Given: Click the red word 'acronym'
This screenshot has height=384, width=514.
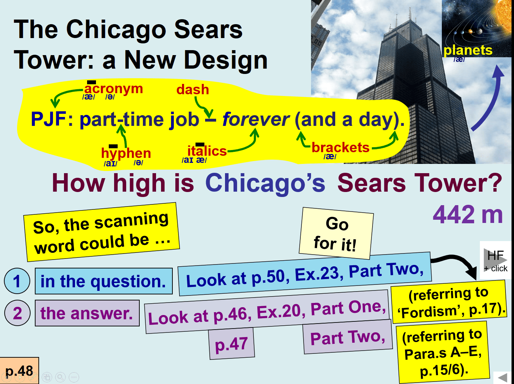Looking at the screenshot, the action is coord(114,89).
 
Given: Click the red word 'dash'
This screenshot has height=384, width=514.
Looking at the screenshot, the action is coord(193,90).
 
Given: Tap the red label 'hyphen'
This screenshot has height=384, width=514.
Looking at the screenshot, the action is coord(126,154).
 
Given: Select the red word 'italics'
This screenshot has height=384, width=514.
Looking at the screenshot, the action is coord(207,151).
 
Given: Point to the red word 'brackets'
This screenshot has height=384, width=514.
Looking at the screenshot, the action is coord(341,147).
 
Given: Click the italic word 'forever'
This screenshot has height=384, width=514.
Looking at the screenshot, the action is coord(256,119).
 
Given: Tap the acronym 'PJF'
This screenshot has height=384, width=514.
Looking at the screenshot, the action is coord(49,119).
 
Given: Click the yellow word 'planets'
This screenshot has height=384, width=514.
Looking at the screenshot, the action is coord(468,50).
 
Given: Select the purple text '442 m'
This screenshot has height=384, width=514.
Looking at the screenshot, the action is coord(468,214).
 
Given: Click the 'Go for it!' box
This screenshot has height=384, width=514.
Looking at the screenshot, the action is coord(336,234).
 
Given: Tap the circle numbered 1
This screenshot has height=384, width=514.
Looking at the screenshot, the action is coord(17,281).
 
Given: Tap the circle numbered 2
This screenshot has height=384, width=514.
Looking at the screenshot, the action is coord(17,313).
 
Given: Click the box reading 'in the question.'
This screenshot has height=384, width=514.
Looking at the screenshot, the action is coord(104,281).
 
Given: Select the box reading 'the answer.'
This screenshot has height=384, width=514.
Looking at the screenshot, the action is coord(87,313).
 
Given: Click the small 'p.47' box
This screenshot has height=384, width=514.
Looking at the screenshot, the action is coord(232,343).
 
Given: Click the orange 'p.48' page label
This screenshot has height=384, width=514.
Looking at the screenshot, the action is coord(19,370).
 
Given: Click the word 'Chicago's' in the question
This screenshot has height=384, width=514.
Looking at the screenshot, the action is coord(265,183).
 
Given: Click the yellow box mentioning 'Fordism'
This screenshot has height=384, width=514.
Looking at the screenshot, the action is coord(449,303).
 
